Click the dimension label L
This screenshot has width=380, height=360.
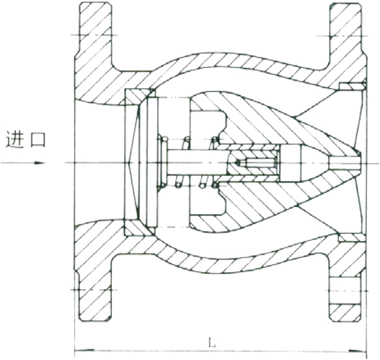tap(212, 342)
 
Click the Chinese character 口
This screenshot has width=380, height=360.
tap(38, 139)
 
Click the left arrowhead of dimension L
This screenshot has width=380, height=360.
tap(84, 350)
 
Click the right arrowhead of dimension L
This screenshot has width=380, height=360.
tap(357, 350)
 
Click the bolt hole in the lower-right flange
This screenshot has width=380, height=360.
tap(345, 291)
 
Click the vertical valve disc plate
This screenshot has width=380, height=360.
tap(151, 162)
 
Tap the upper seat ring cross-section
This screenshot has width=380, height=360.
tap(139, 96)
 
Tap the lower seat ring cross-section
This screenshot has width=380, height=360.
tap(139, 228)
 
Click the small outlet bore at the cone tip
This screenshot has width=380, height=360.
tap(345, 162)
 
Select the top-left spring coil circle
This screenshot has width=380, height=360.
tap(165, 139)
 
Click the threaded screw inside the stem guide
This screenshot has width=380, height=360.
tap(257, 162)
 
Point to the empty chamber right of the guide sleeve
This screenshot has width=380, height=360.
tap(290, 163)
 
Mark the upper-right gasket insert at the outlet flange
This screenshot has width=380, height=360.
tap(352, 86)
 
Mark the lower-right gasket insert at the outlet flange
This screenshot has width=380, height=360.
tap(352, 238)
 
